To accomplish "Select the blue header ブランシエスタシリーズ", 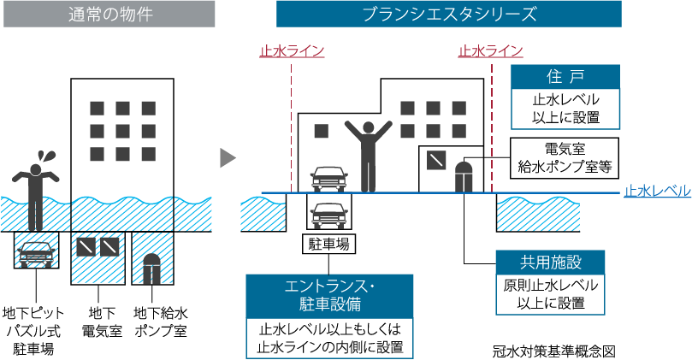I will tap(449, 14).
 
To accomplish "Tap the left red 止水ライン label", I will tap(292, 50).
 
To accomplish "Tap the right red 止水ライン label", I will tap(491, 50).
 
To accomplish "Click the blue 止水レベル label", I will tap(657, 191).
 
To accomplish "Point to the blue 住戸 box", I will tap(565, 75).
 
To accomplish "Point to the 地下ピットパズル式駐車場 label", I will tap(34, 329).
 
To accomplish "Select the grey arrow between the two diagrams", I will tap(227, 157).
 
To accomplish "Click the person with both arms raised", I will tap(368, 154).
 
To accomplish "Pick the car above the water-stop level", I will tap(328, 177).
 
